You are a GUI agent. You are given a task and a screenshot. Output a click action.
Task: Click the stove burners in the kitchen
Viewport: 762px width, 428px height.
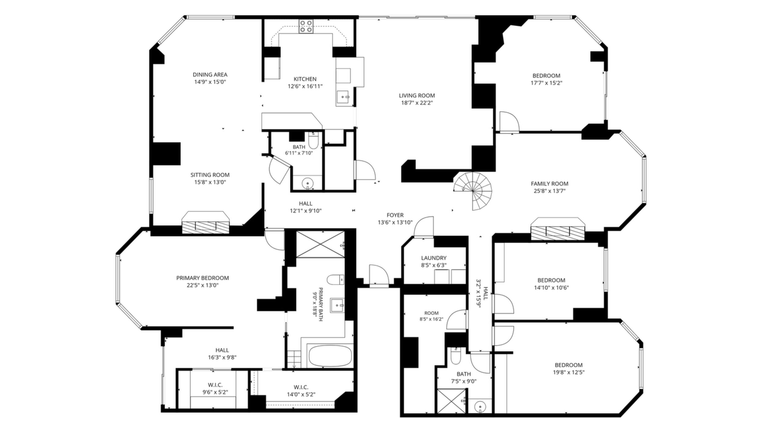click(x=306, y=26)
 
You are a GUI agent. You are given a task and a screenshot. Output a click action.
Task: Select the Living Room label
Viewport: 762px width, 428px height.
click(x=417, y=95)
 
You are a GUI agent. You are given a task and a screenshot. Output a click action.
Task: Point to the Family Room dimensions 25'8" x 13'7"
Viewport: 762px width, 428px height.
click(x=549, y=191)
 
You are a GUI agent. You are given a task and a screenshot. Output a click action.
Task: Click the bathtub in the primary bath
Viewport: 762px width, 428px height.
click(x=330, y=355)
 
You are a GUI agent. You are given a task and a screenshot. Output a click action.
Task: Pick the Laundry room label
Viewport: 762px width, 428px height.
click(x=434, y=258)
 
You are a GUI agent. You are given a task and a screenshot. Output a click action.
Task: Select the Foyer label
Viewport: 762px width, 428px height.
click(x=395, y=215)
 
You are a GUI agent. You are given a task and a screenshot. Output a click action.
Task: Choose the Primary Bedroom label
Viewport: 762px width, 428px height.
click(x=202, y=278)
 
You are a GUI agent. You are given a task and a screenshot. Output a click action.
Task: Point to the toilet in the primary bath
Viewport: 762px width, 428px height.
click(x=336, y=279)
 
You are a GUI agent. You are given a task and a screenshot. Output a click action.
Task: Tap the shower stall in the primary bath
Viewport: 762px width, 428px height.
click(x=320, y=244)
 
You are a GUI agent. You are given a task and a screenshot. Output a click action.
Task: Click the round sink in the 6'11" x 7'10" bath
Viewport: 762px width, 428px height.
click(x=307, y=184)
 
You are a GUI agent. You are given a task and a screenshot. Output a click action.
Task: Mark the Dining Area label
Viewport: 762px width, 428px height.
click(x=210, y=74)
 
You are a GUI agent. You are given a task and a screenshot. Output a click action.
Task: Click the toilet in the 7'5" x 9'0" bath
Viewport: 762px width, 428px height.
click(x=455, y=356)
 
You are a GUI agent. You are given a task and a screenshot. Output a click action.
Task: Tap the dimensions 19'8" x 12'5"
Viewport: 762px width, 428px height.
click(x=568, y=372)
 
